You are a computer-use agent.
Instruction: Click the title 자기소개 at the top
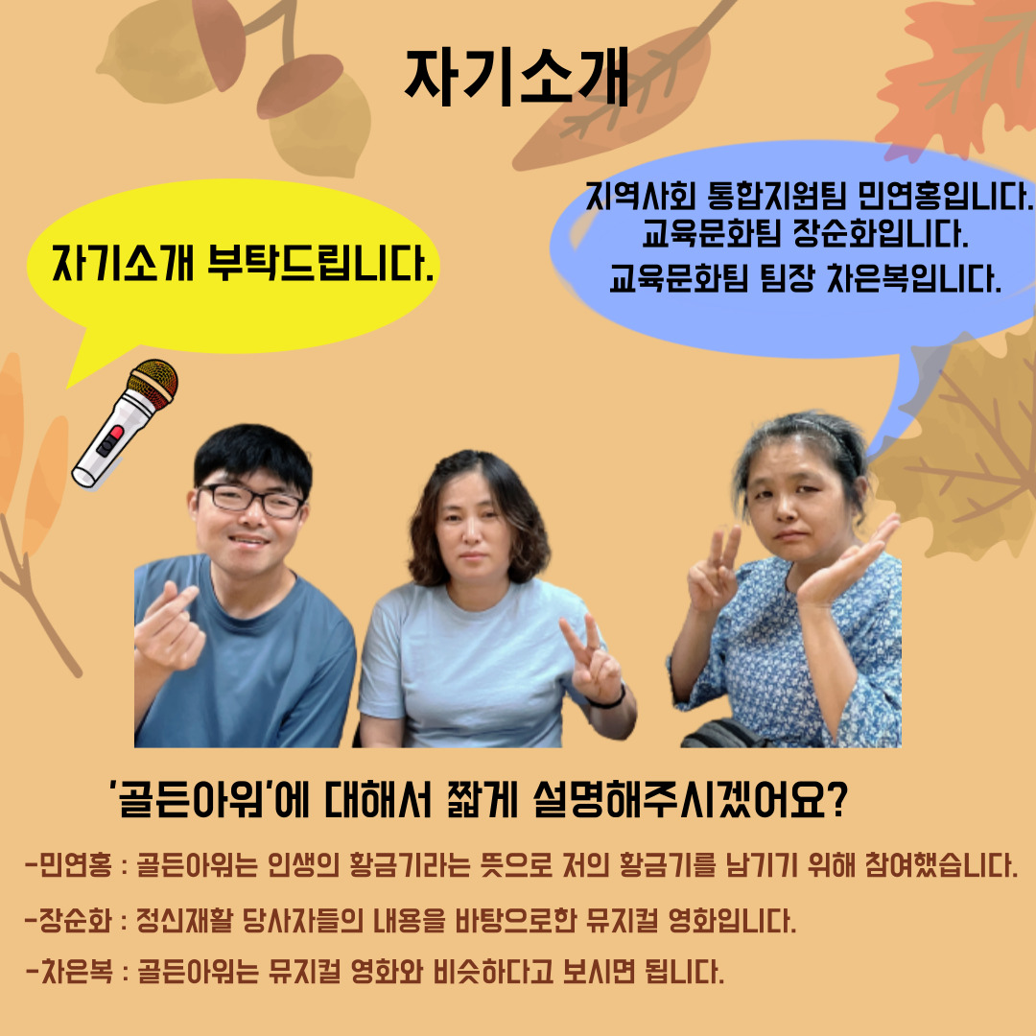point(516,79)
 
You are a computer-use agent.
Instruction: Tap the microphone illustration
point(125,424)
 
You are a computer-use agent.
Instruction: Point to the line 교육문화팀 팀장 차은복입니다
point(805,278)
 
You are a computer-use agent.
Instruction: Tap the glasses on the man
point(250,500)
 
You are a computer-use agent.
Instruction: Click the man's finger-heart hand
point(166,624)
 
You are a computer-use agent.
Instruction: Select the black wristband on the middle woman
point(607,698)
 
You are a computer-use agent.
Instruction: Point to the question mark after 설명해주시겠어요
point(836,800)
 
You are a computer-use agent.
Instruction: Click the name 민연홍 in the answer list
point(76,865)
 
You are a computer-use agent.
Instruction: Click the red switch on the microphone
point(114,436)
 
